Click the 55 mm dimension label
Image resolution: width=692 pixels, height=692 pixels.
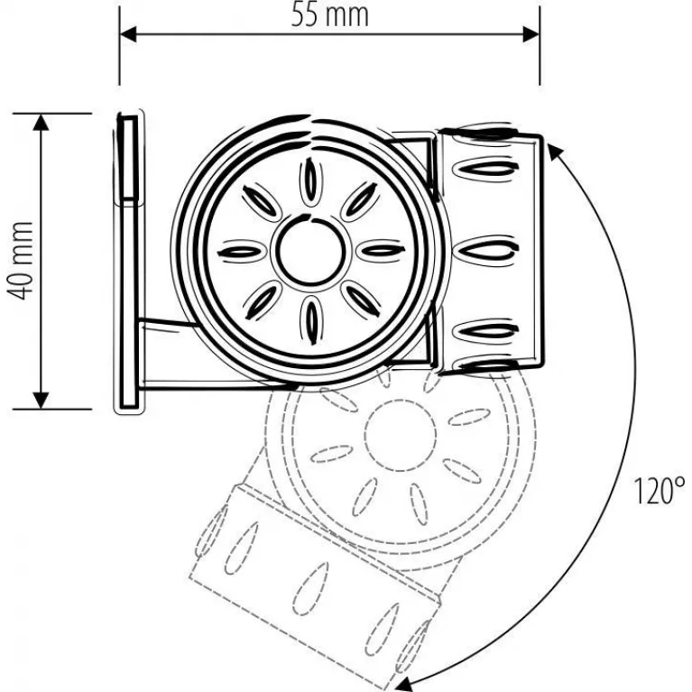click(x=330, y=16)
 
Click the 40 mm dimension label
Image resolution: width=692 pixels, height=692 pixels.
click(x=21, y=261)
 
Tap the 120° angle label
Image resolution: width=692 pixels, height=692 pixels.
click(x=660, y=491)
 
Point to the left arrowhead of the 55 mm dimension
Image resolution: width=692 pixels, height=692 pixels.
click(x=128, y=34)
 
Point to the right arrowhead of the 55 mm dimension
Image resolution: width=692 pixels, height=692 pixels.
click(x=531, y=34)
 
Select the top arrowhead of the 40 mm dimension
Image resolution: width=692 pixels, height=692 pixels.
click(x=41, y=122)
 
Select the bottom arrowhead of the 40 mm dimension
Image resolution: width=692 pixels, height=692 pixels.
click(x=41, y=401)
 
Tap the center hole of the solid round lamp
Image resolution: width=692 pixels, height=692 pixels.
click(x=311, y=250)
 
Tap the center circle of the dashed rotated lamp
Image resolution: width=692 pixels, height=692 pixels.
click(x=401, y=435)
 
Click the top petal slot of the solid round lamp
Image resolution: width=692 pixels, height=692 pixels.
click(x=311, y=181)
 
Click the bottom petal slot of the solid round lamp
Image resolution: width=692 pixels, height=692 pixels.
click(x=311, y=320)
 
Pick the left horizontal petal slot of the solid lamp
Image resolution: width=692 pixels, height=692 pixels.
click(x=242, y=252)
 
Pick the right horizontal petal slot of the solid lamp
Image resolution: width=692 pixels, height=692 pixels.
click(x=381, y=251)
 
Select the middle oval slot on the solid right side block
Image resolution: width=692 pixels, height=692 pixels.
click(x=485, y=251)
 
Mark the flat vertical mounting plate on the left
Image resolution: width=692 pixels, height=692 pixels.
click(x=129, y=262)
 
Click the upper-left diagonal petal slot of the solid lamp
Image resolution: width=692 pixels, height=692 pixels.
click(x=262, y=202)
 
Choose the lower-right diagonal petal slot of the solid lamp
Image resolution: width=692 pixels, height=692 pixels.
click(x=361, y=300)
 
